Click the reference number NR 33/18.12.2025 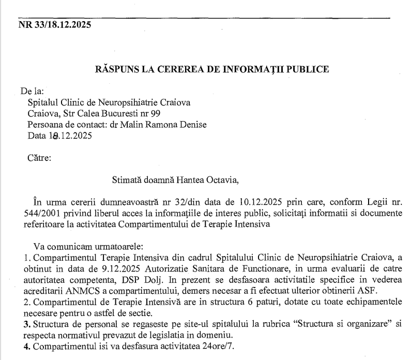(x=55, y=24)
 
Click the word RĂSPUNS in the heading (x=116, y=69)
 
